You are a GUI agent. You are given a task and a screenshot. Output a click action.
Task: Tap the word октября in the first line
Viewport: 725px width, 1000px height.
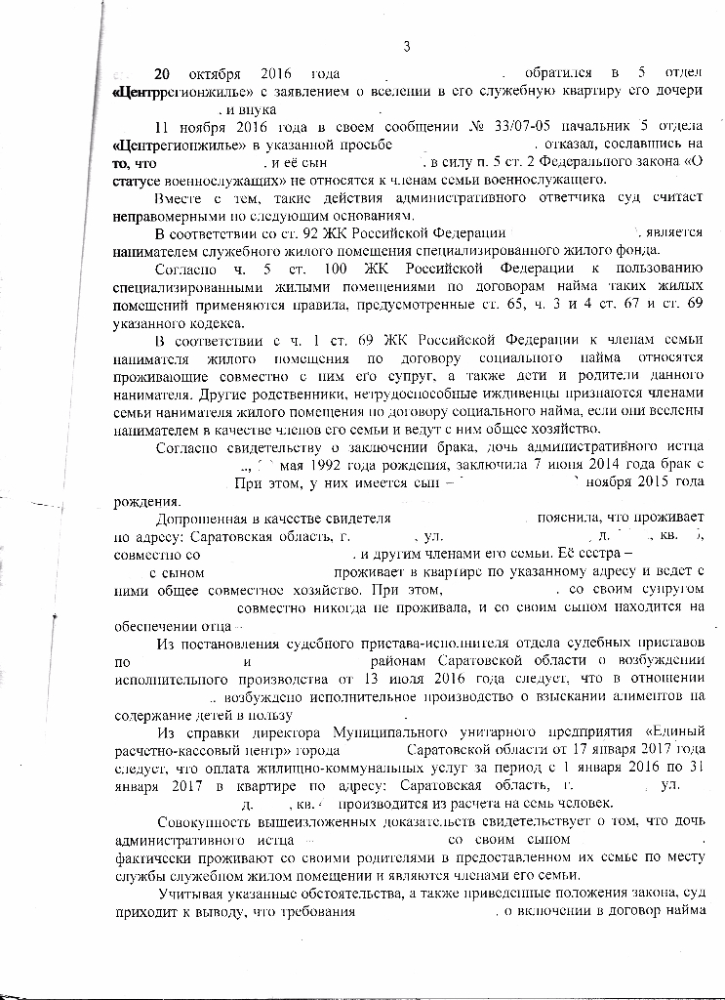coord(221,74)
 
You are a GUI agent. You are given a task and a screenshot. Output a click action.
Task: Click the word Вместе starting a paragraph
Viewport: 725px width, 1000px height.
coord(181,197)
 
